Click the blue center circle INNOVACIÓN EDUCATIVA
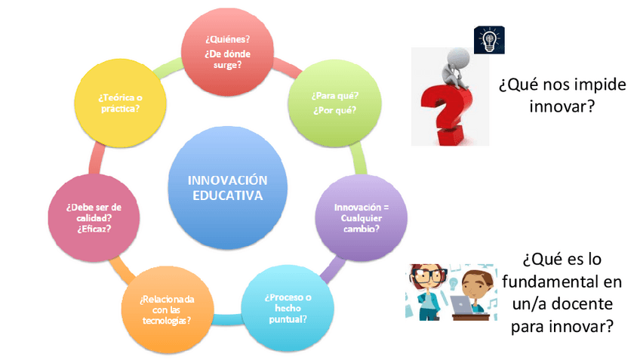pos(228,188)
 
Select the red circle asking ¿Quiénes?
pos(227,52)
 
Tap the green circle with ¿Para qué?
pos(334,103)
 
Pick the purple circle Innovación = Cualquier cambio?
pos(362,218)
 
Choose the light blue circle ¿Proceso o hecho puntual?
pos(288,308)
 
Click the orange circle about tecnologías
pos(168,309)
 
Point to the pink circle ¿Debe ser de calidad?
pos(94,218)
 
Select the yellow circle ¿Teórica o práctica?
pos(121,103)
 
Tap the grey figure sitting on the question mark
pos(457,68)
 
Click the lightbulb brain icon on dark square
pos(489,40)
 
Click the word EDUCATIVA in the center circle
pos(228,195)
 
